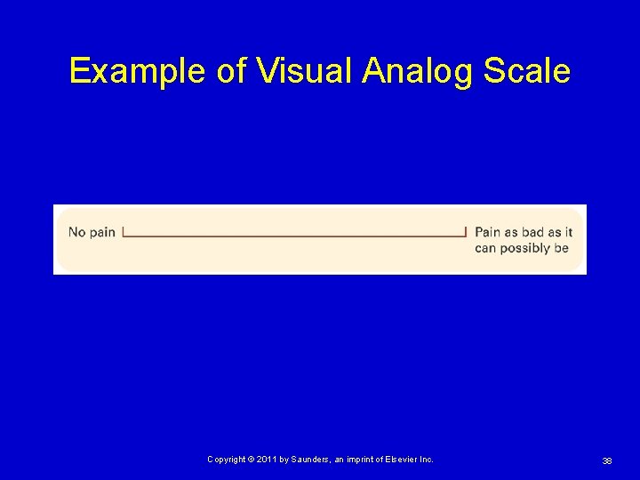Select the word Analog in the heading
click(418, 71)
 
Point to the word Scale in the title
click(526, 71)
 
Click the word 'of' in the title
click(230, 71)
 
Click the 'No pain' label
click(92, 232)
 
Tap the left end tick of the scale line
click(123, 232)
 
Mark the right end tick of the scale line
click(465, 232)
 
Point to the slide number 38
click(606, 460)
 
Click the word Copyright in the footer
click(226, 460)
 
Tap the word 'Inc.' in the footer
click(427, 460)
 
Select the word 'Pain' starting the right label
click(488, 232)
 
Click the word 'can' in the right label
click(485, 248)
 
